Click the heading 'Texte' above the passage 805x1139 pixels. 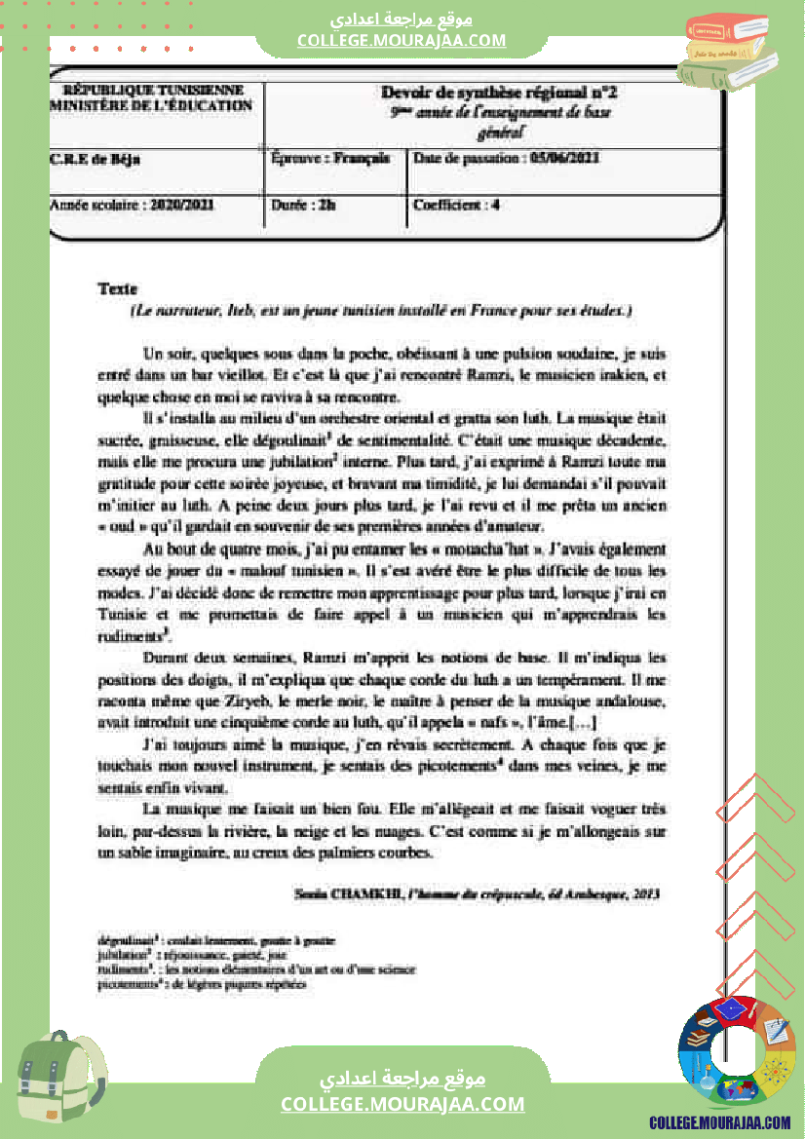coord(118,288)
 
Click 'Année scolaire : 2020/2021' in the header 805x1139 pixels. coord(132,206)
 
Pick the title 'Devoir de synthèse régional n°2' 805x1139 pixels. coord(499,94)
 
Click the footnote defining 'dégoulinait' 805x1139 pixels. coord(216,941)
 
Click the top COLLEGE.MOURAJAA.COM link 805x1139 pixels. coord(402,41)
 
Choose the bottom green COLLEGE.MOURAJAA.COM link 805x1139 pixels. coord(402,1104)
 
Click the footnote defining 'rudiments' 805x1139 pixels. coord(256,969)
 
